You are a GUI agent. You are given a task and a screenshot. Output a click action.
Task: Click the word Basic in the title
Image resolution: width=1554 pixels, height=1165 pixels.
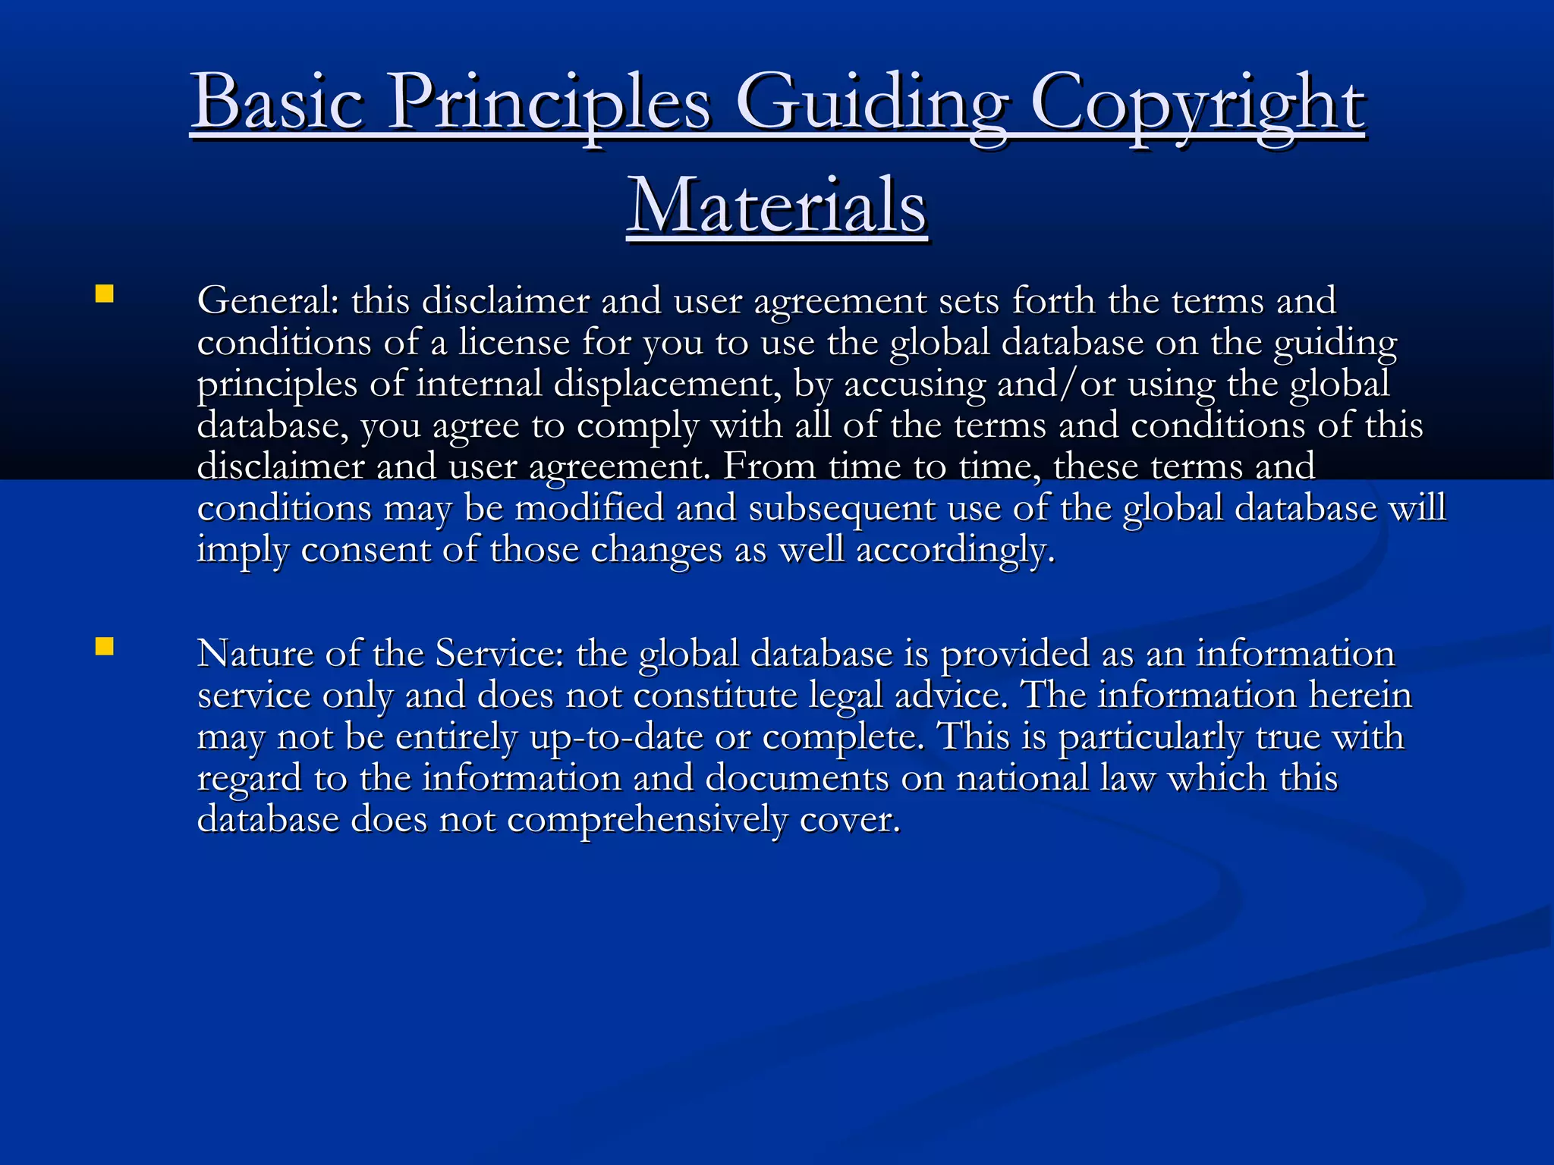(x=277, y=102)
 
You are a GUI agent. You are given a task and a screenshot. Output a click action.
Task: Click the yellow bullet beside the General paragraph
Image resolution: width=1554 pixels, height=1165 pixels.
(x=105, y=294)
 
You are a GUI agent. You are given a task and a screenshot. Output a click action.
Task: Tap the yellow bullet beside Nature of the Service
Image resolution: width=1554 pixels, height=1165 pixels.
(x=105, y=646)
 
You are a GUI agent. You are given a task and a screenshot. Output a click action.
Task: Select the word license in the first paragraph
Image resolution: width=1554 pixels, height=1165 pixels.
(x=514, y=342)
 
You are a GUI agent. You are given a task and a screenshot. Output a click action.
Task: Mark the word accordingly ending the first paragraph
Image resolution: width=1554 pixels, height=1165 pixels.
(x=955, y=550)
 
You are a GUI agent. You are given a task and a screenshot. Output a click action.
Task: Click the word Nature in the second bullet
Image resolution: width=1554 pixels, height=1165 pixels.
(x=255, y=653)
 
